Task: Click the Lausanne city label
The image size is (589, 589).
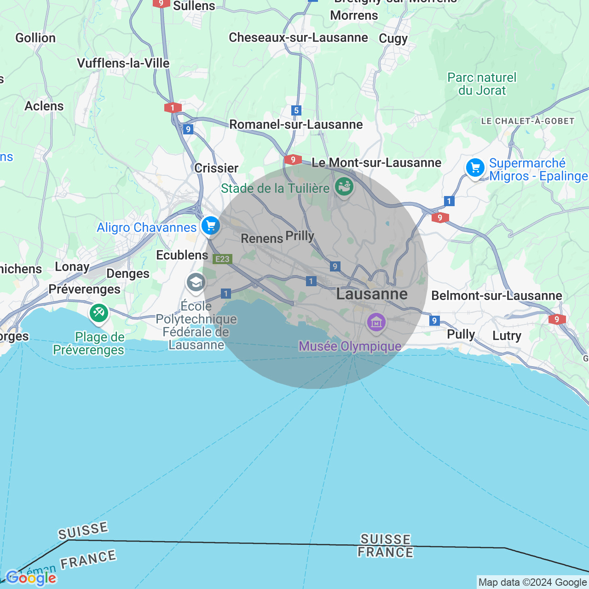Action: pos(372,294)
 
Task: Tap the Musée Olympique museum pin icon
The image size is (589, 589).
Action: pos(376,322)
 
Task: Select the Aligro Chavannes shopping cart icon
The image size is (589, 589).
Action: pos(211,226)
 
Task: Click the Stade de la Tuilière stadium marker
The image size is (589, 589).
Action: pos(344,187)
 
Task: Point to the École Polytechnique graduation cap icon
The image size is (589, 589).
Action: pos(196,282)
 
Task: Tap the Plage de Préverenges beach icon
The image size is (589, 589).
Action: pos(99,313)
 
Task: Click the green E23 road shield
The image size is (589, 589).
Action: pos(222,259)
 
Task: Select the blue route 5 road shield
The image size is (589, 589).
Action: pos(296,110)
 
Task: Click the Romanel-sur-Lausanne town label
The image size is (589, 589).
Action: pos(296,125)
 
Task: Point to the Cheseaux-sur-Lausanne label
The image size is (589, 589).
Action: pos(298,38)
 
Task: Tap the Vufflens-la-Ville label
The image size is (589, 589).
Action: pos(123,64)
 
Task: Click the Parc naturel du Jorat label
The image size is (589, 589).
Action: pos(482,84)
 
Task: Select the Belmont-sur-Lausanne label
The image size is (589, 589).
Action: pos(497,296)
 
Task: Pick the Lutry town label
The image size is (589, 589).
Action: pos(507,336)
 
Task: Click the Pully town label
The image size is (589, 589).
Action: pos(461,335)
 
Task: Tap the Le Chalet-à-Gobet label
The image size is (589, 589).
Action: pos(527,121)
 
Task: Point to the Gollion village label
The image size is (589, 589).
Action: pos(35,38)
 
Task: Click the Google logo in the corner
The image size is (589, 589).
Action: pos(31,578)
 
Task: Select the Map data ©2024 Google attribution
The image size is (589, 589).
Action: pos(532,583)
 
